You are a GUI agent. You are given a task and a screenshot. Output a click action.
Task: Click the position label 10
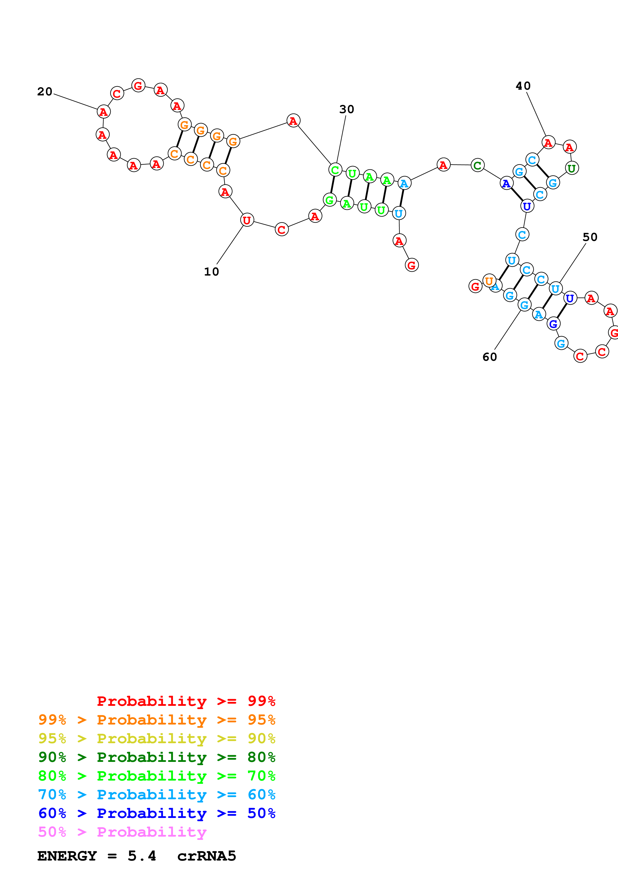click(211, 272)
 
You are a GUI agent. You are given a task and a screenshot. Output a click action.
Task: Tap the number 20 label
click(45, 92)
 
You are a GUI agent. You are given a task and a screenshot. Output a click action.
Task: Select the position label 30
click(347, 110)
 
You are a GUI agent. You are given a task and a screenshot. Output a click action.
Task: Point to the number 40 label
click(523, 86)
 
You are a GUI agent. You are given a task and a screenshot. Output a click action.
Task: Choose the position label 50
click(590, 237)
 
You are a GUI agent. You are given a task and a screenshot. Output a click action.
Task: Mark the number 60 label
click(490, 357)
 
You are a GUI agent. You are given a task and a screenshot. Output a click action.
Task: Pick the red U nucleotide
click(247, 220)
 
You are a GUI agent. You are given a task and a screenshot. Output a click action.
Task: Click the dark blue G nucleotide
click(553, 324)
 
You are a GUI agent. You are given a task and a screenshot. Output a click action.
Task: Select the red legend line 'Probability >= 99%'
click(186, 701)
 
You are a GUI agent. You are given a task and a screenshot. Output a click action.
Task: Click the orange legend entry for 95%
click(157, 720)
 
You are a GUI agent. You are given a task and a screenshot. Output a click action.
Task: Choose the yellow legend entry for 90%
click(157, 738)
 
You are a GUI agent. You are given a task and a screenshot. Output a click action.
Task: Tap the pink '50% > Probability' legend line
click(122, 832)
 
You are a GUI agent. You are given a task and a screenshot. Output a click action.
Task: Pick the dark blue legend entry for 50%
click(157, 813)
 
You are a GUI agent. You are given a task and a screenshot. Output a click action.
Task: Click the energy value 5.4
click(142, 856)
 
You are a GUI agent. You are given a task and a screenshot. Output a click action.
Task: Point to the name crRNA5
click(207, 856)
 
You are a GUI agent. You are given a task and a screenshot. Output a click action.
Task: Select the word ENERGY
click(67, 856)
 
